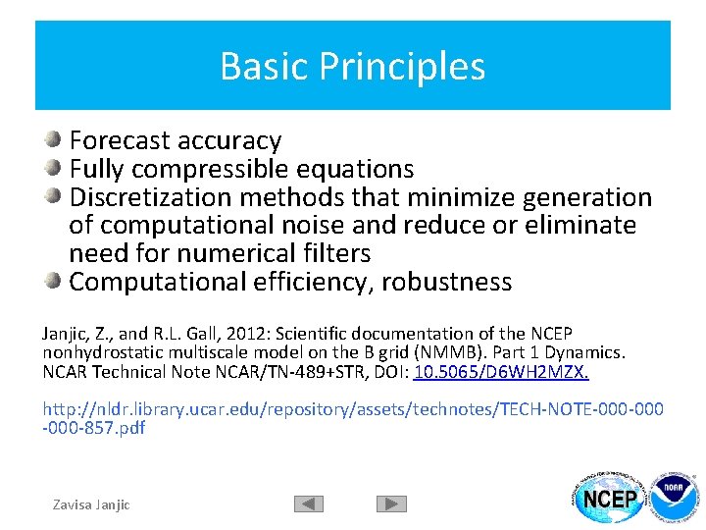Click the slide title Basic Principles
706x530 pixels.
pyautogui.click(x=352, y=66)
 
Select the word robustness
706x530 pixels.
pyautogui.click(x=446, y=283)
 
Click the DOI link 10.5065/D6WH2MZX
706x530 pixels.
pyautogui.click(x=501, y=372)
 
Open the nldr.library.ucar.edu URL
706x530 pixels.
pyautogui.click(x=352, y=408)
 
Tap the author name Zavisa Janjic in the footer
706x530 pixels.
pyautogui.click(x=91, y=504)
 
